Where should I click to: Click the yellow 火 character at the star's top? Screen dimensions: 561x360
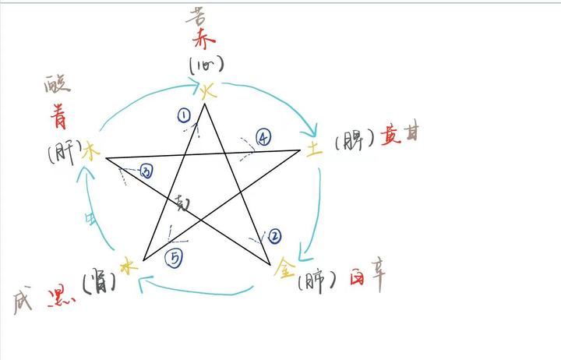[206, 93]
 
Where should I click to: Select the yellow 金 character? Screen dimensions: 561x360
[285, 270]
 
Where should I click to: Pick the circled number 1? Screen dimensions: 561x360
[184, 116]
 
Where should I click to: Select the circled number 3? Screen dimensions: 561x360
[146, 171]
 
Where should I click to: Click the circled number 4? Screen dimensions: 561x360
[263, 139]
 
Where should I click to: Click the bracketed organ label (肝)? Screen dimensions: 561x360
[62, 154]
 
